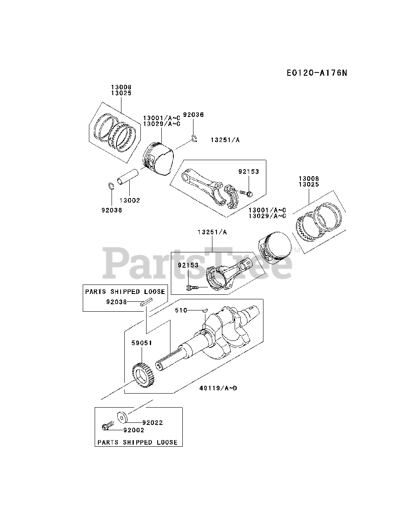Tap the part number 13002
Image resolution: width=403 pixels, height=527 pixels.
pyautogui.click(x=129, y=201)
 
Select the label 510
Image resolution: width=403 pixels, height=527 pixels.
pyautogui.click(x=181, y=310)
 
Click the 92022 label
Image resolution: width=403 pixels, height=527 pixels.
pyautogui.click(x=152, y=422)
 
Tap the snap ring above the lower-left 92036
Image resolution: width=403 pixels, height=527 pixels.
pyautogui.click(x=111, y=186)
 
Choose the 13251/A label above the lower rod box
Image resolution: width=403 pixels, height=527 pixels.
pyautogui.click(x=212, y=232)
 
